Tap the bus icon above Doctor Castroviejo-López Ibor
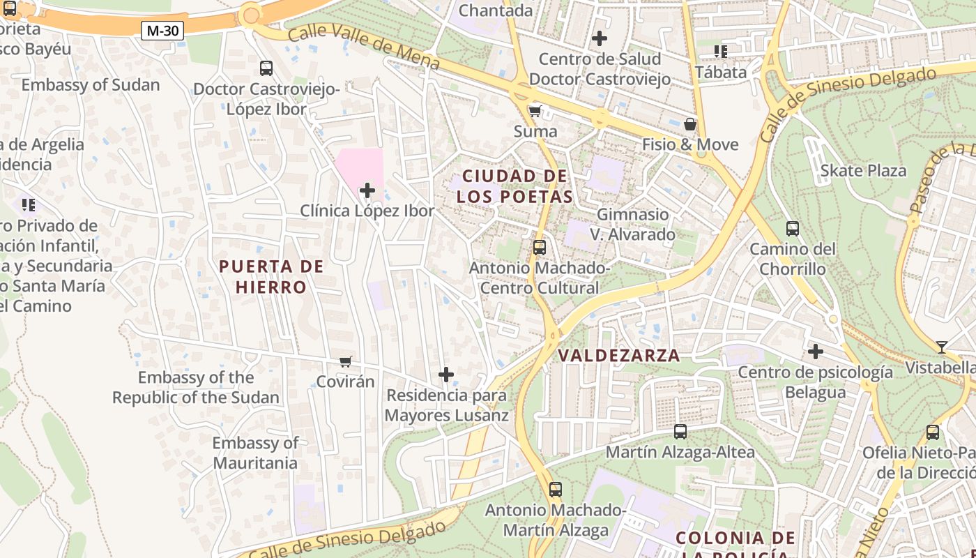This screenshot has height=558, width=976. coord(266,68)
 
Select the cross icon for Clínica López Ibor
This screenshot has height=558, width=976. coord(367,190)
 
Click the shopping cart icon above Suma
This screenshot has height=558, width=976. coord(535,111)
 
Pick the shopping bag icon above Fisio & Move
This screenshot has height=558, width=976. coord(689,124)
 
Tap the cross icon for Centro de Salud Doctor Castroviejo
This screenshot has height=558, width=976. coord(599,38)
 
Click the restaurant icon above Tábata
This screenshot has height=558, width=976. coord(720,52)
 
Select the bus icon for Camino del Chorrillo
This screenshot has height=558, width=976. coord(792,229)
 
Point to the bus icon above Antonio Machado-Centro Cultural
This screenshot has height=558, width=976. coord(539,248)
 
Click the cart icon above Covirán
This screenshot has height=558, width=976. coord(345,361)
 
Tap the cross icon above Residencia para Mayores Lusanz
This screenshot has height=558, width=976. coord(446,375)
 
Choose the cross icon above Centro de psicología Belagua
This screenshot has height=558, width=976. coord(815,352)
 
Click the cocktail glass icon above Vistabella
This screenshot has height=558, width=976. coord(942,347)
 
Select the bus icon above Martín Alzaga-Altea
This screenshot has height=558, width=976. coord(680,432)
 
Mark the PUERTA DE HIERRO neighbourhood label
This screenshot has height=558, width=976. coord(271,277)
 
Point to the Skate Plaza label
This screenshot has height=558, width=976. coord(863,171)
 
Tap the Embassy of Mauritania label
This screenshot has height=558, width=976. coord(255,453)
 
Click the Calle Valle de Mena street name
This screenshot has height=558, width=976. coord(363,47)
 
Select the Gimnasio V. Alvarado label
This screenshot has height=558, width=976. coord(633,224)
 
